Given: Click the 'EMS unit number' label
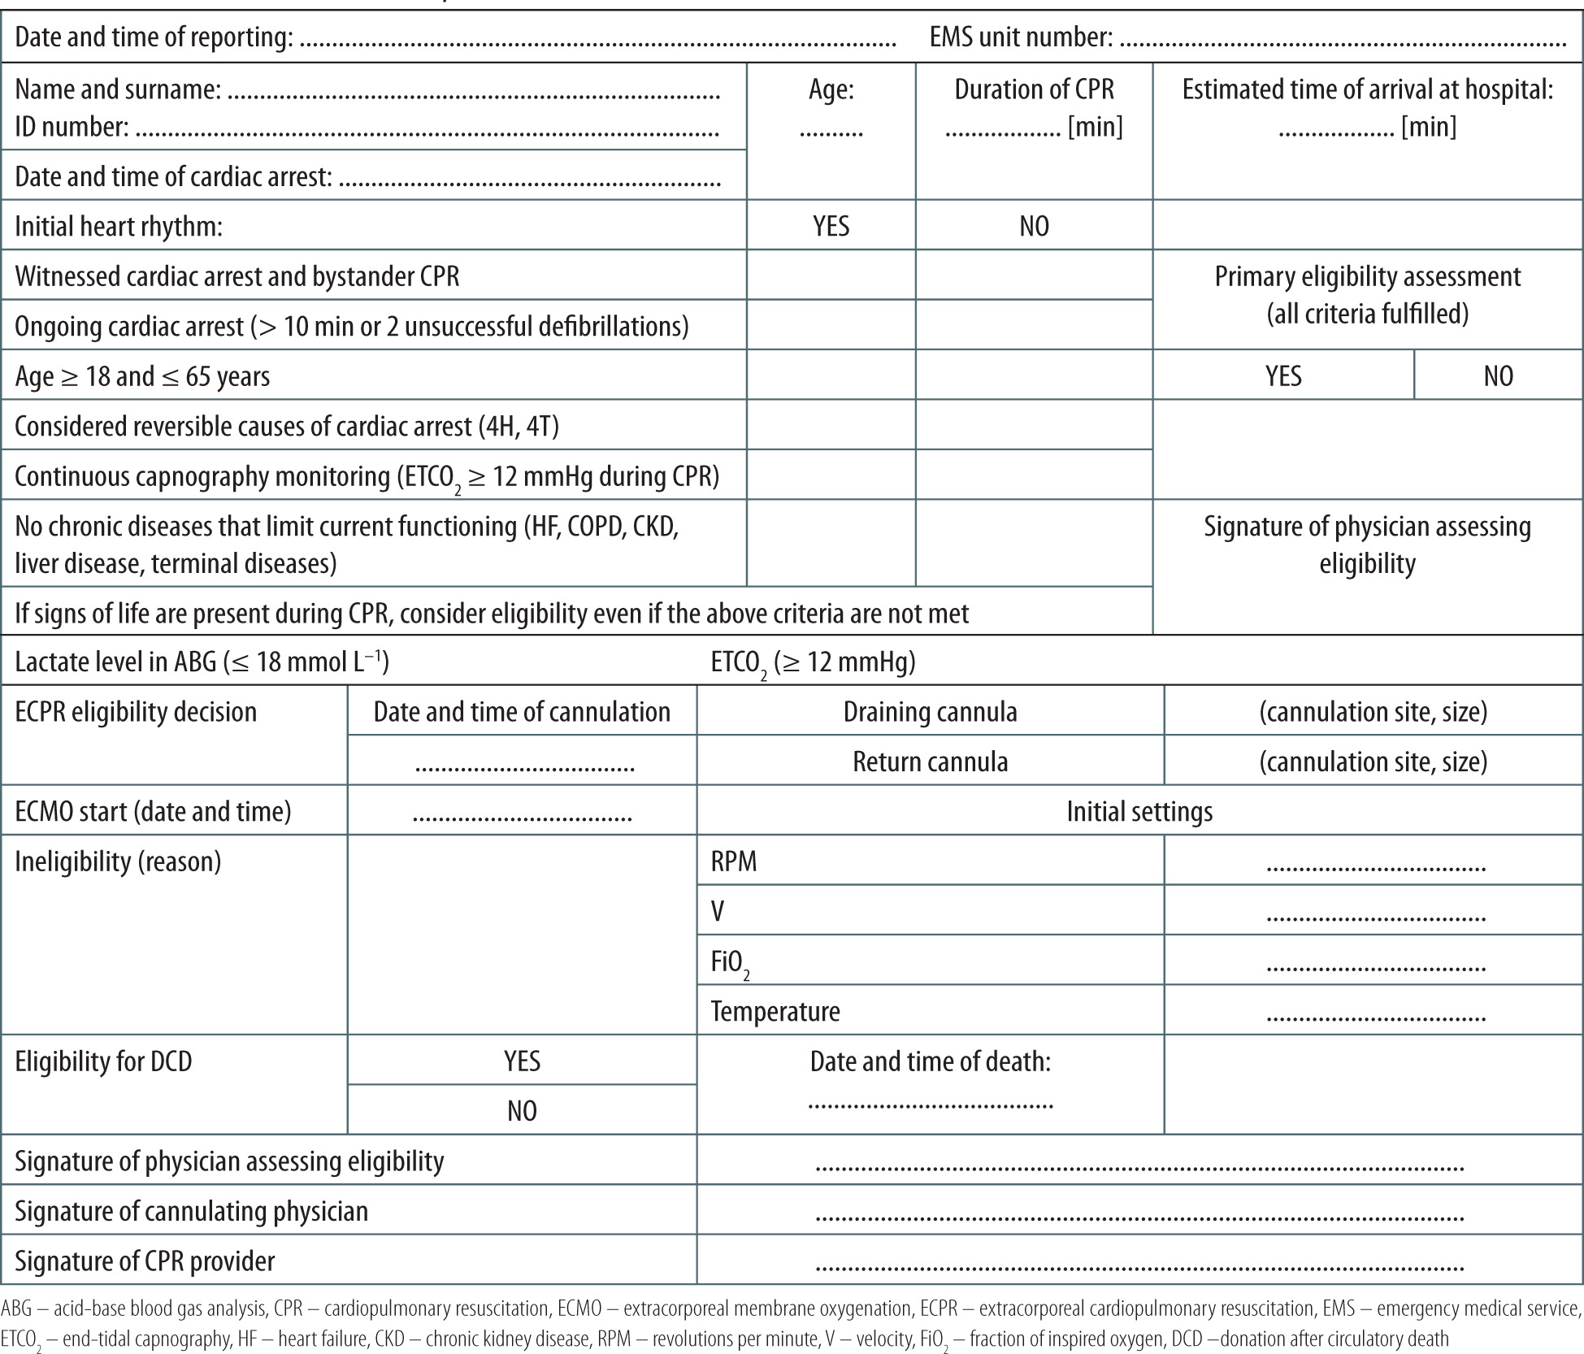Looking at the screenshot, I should pyautogui.click(x=1021, y=37).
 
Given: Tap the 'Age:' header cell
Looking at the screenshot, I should pyautogui.click(x=831, y=90).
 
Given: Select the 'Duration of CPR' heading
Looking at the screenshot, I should pyautogui.click(x=1034, y=90).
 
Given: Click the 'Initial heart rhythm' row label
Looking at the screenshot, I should pyautogui.click(x=119, y=226).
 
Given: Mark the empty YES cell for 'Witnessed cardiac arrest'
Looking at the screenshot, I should pyautogui.click(x=831, y=275).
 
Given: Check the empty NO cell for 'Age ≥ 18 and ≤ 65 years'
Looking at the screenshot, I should pyautogui.click(x=1034, y=375).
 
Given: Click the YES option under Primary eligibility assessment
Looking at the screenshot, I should pyautogui.click(x=1283, y=375).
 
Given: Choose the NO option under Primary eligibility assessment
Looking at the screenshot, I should pyautogui.click(x=1498, y=375).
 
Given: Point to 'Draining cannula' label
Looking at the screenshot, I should pyautogui.click(x=930, y=712).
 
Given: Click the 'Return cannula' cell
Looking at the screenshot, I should pyautogui.click(x=930, y=762).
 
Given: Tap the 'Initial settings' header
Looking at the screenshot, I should pyautogui.click(x=1139, y=811).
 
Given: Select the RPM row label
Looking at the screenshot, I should pyautogui.click(x=734, y=861).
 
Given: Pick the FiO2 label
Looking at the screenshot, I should pyautogui.click(x=729, y=962).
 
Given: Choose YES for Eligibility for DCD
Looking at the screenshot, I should pyautogui.click(x=522, y=1061).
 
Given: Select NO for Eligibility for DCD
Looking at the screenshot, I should pyautogui.click(x=522, y=1110).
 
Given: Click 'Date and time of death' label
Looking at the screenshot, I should pyautogui.click(x=930, y=1061).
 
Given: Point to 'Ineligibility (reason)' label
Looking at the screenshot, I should pyautogui.click(x=118, y=861).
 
